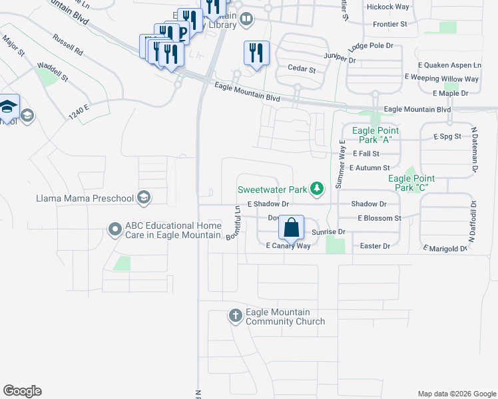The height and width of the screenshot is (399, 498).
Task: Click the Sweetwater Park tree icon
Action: tap(318, 190)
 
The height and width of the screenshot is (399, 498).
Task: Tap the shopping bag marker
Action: tap(292, 227)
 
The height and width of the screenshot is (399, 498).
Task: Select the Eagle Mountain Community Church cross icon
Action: tap(236, 316)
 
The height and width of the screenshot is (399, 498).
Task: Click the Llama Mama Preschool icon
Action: tap(143, 198)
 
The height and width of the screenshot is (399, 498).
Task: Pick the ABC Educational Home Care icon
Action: tap(115, 229)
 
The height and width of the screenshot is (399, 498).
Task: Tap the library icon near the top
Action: tap(247, 19)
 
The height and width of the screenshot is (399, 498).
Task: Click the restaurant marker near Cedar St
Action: tap(256, 53)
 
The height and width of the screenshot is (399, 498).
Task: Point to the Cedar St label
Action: tap(300, 68)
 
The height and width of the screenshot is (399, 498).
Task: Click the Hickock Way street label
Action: tap(387, 7)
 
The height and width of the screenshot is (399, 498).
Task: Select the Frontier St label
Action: tap(391, 24)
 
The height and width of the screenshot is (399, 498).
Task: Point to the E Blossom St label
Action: tap(379, 218)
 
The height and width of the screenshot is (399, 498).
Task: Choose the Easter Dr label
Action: tap(375, 246)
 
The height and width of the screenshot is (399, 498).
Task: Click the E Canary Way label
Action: tap(288, 246)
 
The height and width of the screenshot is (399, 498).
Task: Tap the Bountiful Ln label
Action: tap(233, 223)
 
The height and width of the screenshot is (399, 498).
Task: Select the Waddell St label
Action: tap(53, 72)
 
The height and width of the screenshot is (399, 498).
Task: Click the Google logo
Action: tap(22, 391)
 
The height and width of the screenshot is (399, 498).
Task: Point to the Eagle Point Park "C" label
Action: tap(411, 183)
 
